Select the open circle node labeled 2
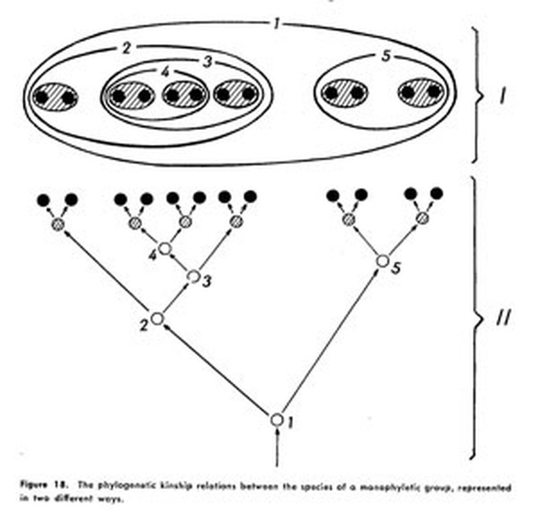tap(157, 319)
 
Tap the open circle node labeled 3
tap(193, 276)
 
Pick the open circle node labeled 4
tap(165, 248)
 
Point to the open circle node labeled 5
tap(383, 261)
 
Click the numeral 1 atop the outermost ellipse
tap(276, 25)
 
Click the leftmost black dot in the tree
tap(44, 199)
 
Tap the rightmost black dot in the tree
tap(437, 193)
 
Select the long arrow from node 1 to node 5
tap(329, 340)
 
